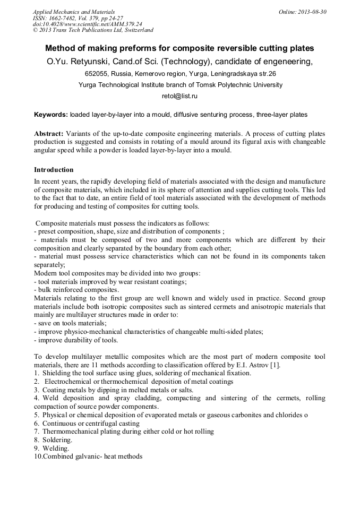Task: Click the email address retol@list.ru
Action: pyautogui.click(x=179, y=96)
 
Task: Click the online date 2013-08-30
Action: pyautogui.click(x=312, y=11)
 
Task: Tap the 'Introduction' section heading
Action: pyautogui.click(x=54, y=170)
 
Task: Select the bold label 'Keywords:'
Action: pyautogui.click(x=50, y=115)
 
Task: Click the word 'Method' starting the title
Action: pyautogui.click(x=62, y=48)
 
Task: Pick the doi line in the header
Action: pyautogui.click(x=87, y=24)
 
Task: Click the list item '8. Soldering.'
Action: pyautogui.click(x=53, y=440)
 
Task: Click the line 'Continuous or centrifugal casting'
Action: pyautogui.click(x=91, y=424)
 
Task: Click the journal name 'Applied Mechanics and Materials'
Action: pyautogui.click(x=73, y=11)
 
